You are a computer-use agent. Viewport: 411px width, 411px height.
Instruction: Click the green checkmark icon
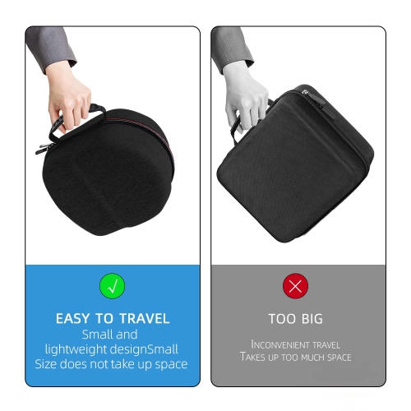coord(112,286)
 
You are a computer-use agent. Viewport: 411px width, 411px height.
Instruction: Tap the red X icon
coord(295,286)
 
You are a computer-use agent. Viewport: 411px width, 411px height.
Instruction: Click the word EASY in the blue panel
coord(73,318)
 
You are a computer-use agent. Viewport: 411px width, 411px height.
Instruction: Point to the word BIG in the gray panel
coord(311,318)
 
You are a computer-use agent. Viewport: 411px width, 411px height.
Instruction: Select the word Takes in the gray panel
coord(254,358)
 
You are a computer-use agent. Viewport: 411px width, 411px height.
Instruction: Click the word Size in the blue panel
coord(48,364)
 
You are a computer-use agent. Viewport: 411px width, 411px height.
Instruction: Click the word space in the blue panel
coord(170,364)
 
